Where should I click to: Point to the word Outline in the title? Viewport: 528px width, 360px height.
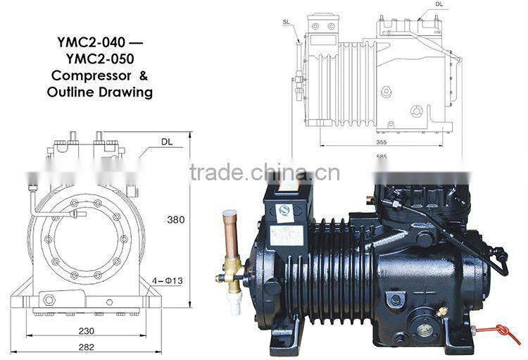click(70, 92)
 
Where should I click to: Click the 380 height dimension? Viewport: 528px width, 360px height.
click(175, 219)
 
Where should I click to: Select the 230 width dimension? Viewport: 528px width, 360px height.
click(87, 330)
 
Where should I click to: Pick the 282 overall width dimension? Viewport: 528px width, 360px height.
click(87, 347)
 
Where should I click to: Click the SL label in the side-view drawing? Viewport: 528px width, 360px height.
click(286, 22)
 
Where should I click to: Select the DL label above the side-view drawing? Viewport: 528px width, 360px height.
click(439, 4)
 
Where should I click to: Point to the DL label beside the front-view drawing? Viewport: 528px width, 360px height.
click(166, 142)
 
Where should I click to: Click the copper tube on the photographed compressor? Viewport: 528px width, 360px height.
click(228, 233)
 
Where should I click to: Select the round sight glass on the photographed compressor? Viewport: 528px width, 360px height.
click(425, 329)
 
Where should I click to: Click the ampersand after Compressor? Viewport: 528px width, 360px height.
click(143, 75)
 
